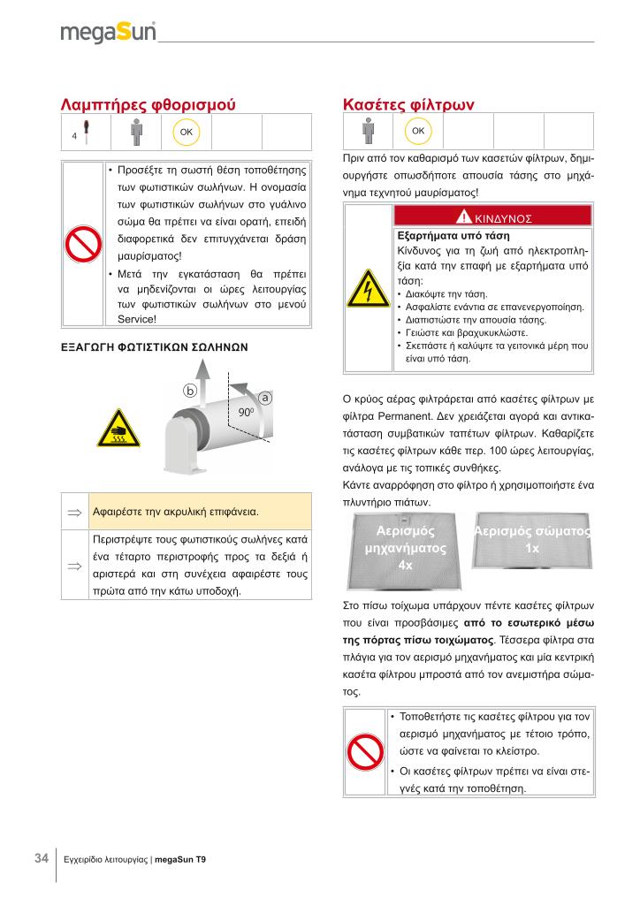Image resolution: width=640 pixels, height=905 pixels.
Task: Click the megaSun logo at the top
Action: (108, 33)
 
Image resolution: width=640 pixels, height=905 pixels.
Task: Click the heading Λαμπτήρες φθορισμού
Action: (148, 104)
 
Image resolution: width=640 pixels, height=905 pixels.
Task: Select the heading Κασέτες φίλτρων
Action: (408, 104)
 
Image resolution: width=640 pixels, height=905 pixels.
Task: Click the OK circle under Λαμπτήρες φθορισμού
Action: (187, 132)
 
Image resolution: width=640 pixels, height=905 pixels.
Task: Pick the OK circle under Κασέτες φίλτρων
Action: (418, 132)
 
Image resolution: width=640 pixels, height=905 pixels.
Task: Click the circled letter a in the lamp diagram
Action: (264, 399)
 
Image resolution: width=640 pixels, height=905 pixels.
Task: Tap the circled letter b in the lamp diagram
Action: (189, 389)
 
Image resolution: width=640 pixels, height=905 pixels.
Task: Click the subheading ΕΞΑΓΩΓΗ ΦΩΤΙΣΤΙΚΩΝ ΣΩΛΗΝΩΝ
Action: (154, 347)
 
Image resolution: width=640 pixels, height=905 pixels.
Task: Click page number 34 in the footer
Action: (41, 858)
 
